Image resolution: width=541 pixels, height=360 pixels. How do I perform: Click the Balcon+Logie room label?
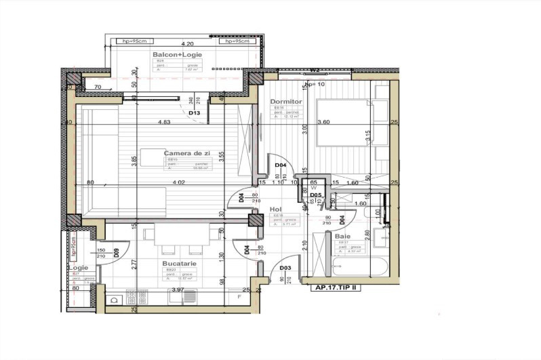click(x=171, y=54)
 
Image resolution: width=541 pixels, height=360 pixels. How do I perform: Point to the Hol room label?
click(x=275, y=209)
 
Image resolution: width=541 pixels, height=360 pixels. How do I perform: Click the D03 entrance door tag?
click(x=285, y=268)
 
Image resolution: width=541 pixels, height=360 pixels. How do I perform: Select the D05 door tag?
click(x=315, y=195)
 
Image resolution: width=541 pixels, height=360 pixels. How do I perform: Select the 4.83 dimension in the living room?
click(x=164, y=123)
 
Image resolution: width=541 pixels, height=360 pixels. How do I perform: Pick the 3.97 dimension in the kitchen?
click(x=178, y=289)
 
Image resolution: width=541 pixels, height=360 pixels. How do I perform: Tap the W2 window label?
click(x=315, y=71)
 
